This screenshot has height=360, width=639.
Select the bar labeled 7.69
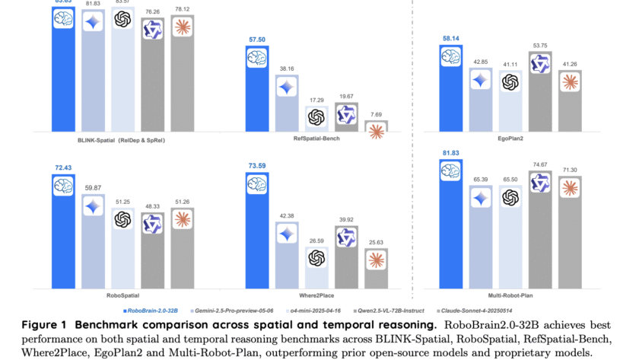pos(377,129)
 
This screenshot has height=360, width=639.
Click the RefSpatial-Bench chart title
pos(316,140)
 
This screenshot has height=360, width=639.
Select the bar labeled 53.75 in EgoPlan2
pos(540,91)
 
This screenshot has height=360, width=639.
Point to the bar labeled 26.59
pos(316,266)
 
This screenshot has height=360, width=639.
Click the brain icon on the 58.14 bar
pos(451,57)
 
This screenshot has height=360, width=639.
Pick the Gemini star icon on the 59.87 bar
pos(94,205)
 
